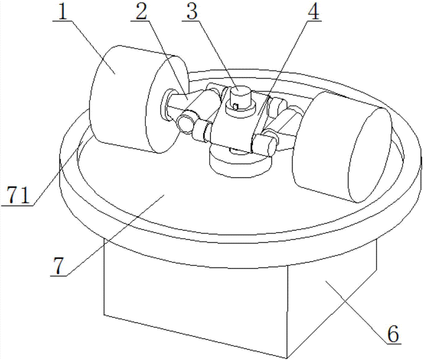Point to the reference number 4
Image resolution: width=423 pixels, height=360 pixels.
[x=313, y=11]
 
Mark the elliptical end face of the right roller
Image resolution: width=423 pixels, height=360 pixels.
[x=370, y=155]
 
